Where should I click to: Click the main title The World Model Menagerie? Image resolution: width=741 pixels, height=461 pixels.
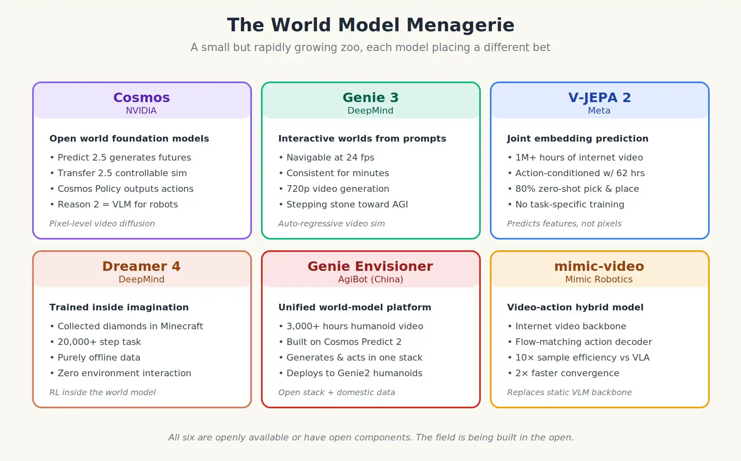[370, 25]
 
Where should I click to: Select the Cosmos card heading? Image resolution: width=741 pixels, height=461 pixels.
[142, 98]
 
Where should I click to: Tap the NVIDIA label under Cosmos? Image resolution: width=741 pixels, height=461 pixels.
[141, 111]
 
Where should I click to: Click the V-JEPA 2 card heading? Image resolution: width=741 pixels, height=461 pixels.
[599, 98]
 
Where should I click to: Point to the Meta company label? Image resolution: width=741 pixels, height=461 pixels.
[599, 111]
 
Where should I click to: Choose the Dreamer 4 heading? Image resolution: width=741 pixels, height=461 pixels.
[142, 266]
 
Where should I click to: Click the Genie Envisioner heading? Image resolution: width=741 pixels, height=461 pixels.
[370, 266]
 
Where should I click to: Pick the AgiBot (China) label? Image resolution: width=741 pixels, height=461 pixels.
[370, 279]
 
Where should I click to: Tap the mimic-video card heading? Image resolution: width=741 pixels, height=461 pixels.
[599, 266]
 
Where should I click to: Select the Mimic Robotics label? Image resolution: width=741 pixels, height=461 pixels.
[599, 279]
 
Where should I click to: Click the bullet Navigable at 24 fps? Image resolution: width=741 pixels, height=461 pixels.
[326, 158]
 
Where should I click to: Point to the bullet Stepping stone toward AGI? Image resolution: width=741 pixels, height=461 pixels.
[343, 205]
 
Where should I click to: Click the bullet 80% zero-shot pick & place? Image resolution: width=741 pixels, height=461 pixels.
[573, 189]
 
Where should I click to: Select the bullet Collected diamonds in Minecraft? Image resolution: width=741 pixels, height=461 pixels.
[126, 326]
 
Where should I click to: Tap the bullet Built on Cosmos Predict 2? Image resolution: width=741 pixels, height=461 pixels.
[340, 342]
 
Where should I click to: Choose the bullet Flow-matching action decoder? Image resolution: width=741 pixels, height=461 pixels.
[580, 342]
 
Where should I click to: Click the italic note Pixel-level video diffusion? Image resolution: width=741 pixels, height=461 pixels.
[102, 224]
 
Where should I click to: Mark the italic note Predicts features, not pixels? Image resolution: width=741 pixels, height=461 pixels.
[564, 224]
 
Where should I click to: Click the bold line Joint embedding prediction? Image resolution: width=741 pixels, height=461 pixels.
[578, 139]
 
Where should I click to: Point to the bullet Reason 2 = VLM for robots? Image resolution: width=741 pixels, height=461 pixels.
[114, 205]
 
